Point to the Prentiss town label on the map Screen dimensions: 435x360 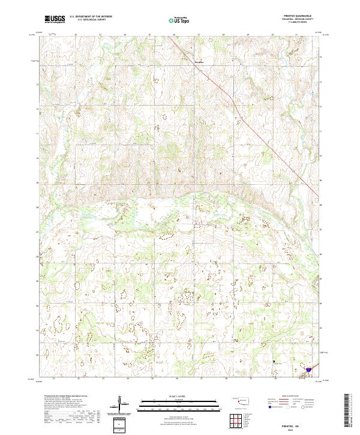tap(199, 61)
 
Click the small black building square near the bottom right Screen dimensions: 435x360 tap(275, 362)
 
